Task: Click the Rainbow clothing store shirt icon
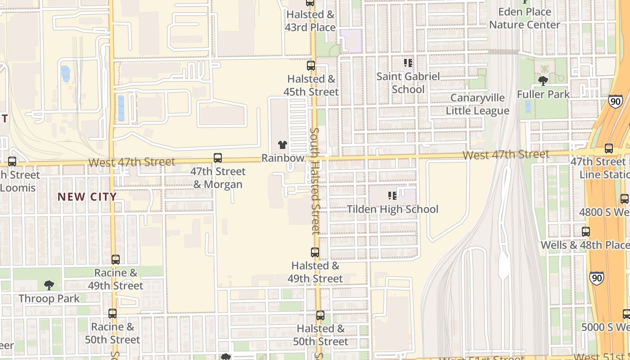[282, 144]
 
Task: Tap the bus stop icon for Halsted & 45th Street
[310, 66]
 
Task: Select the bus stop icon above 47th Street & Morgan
[218, 158]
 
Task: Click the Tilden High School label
[392, 209]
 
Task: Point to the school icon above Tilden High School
[392, 196]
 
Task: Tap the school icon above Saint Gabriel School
[408, 63]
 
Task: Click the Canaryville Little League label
[477, 104]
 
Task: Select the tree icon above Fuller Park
[543, 81]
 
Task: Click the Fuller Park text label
[543, 94]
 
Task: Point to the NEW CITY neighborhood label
[87, 197]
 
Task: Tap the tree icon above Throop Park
[49, 285]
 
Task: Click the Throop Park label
[49, 298]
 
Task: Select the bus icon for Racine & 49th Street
[116, 260]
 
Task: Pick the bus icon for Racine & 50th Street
[112, 314]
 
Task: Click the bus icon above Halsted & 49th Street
[315, 252]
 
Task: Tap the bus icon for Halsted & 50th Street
[320, 315]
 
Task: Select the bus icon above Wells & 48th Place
[586, 232]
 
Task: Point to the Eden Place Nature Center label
[525, 18]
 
